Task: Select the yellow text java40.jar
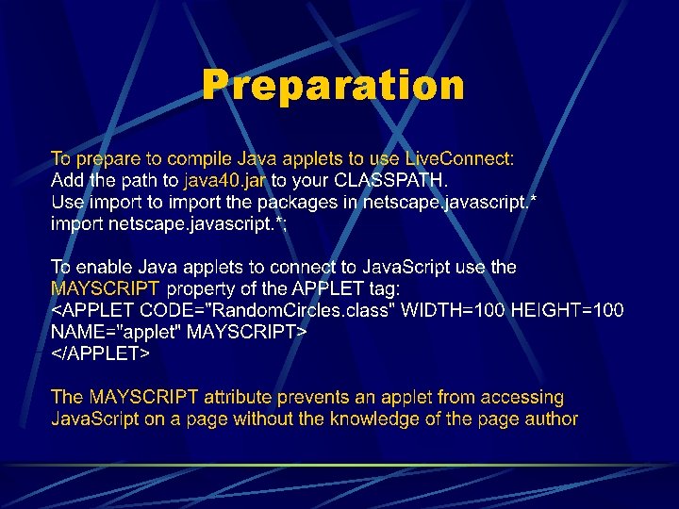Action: click(x=225, y=179)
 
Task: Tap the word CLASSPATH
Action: click(x=364, y=179)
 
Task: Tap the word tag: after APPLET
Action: click(x=384, y=288)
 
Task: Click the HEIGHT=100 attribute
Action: click(x=567, y=310)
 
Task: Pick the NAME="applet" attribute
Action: click(x=117, y=332)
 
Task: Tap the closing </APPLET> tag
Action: click(x=100, y=353)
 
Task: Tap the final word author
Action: click(x=552, y=419)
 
